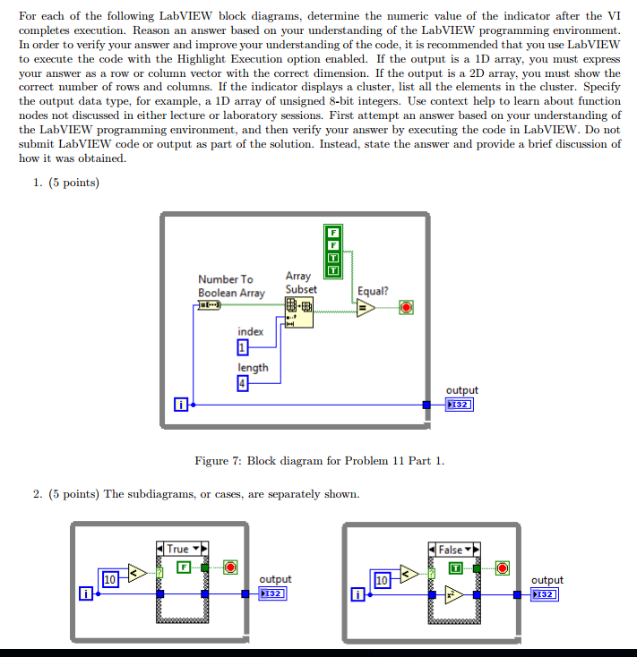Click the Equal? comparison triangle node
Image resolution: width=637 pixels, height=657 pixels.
[366, 308]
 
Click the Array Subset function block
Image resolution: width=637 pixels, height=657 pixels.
[299, 312]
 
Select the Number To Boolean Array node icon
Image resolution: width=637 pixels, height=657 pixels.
[210, 305]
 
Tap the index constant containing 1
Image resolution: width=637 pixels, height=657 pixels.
[243, 347]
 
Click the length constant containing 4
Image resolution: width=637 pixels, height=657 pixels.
[243, 383]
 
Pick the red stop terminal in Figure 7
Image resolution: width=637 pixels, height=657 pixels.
[406, 308]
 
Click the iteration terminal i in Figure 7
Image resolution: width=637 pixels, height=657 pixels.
[181, 405]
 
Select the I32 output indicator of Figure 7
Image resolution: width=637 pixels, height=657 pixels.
[460, 405]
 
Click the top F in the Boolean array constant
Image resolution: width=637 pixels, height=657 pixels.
[333, 232]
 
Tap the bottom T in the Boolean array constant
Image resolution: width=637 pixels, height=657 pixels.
[333, 270]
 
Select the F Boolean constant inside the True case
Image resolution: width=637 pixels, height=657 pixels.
[184, 567]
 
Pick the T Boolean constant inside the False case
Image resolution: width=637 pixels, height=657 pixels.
[456, 568]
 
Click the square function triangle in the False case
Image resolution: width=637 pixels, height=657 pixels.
[454, 595]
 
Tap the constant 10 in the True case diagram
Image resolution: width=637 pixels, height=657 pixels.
[110, 579]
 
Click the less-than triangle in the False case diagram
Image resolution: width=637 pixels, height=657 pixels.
[409, 574]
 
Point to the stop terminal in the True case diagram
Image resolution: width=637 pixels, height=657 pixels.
[230, 567]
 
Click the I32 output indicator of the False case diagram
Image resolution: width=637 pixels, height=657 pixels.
[545, 594]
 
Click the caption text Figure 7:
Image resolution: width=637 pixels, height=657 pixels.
[218, 461]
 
